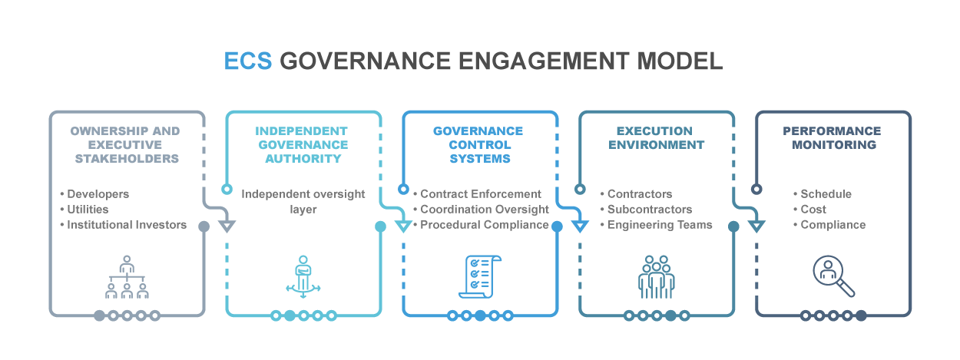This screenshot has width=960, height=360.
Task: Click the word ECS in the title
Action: click(247, 61)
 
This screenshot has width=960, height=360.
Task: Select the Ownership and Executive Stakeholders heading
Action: click(127, 145)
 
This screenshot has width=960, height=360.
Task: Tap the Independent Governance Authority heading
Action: click(302, 145)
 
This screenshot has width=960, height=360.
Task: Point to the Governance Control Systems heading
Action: click(478, 145)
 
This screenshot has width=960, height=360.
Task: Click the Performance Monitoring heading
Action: click(832, 138)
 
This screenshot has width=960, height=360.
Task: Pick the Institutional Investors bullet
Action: click(127, 225)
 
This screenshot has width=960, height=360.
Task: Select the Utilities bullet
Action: click(88, 210)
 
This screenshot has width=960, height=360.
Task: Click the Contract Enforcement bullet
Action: click(481, 194)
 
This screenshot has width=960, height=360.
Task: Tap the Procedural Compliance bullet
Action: click(485, 225)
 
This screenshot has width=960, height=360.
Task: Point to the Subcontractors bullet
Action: click(650, 210)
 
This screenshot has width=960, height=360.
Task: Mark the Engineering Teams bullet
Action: click(660, 225)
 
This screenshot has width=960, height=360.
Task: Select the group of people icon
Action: click(655, 276)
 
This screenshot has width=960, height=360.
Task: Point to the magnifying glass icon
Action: click(833, 276)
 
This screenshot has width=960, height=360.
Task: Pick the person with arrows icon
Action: click(303, 276)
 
